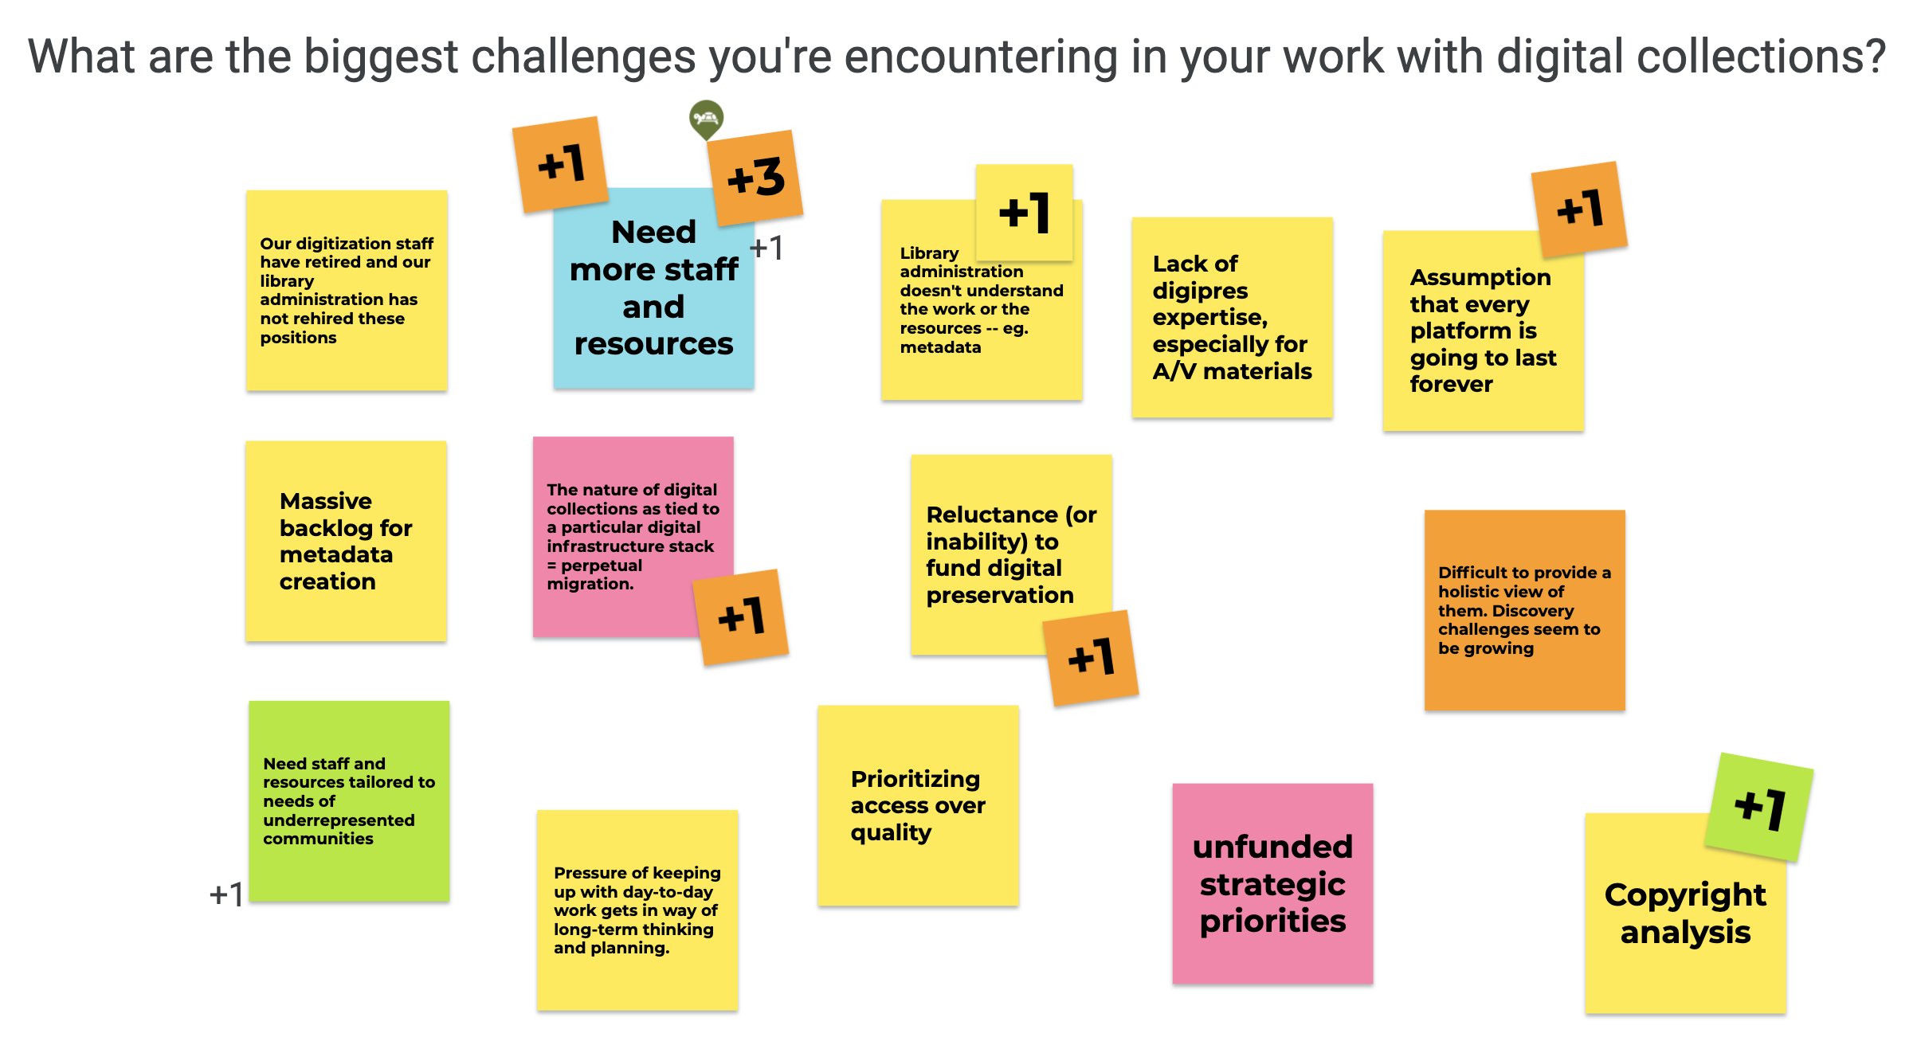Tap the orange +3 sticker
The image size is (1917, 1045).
point(755,178)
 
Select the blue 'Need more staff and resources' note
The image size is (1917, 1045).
point(653,288)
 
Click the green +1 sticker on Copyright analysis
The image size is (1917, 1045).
point(1759,807)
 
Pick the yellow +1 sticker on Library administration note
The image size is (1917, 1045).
point(1025,213)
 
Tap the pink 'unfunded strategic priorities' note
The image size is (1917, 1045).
point(1272,883)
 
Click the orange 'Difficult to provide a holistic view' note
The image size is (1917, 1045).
point(1525,610)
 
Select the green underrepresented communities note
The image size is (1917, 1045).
point(349,801)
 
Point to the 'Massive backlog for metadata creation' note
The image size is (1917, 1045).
point(346,541)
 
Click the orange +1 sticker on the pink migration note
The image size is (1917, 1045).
point(741,617)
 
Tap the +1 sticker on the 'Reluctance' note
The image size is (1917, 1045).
point(1091,658)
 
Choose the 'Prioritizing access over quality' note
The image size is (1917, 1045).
point(918,805)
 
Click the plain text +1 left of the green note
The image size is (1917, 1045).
point(226,894)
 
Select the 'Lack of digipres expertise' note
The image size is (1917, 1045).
point(1233,317)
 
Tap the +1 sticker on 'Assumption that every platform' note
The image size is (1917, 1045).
point(1579,209)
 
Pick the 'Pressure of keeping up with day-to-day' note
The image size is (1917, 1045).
point(637,910)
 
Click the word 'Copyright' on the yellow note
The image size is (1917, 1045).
point(1685,895)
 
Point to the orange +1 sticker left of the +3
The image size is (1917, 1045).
point(560,165)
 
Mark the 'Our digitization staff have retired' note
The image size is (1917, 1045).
point(347,290)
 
